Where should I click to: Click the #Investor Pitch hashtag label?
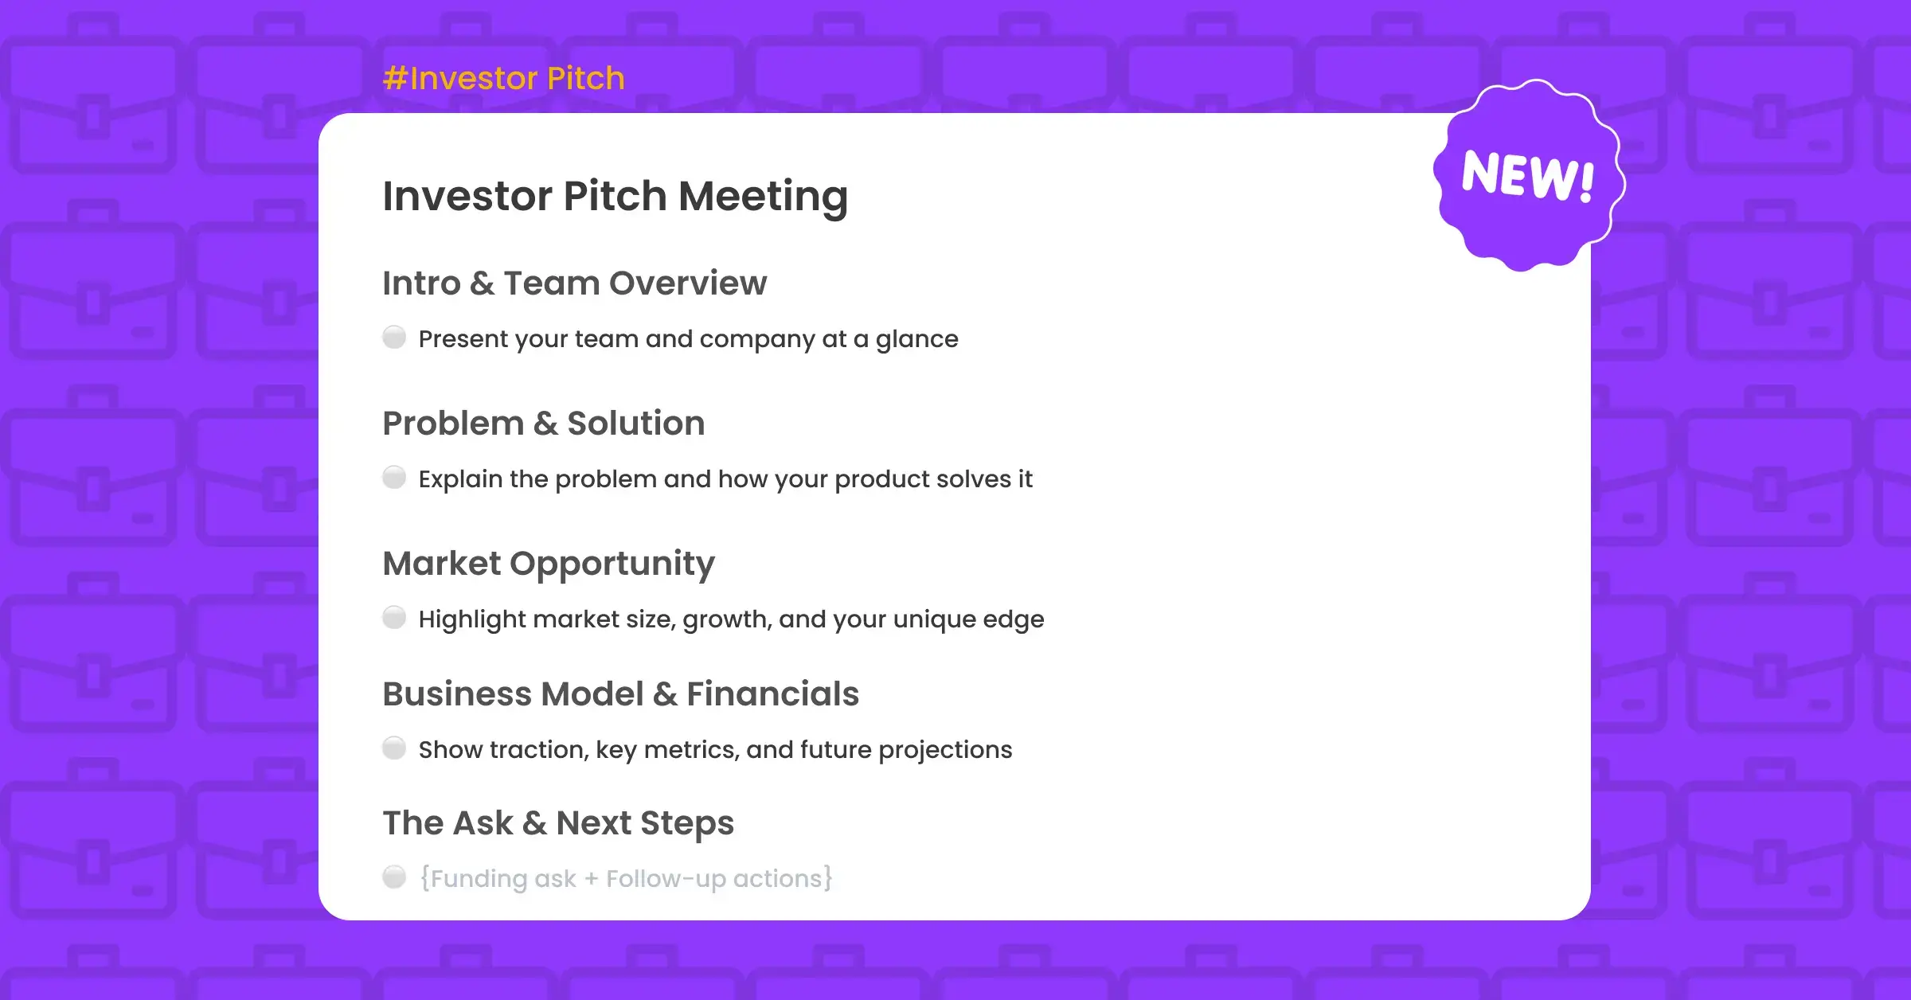pos(503,79)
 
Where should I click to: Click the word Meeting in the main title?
pos(764,197)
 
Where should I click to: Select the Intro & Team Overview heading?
pos(574,283)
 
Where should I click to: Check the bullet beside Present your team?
pos(394,338)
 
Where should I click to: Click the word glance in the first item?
pos(916,340)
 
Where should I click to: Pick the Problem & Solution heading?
pos(544,424)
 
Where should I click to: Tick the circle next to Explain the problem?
pos(394,478)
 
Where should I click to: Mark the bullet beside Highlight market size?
pos(394,618)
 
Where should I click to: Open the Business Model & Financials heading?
pos(620,694)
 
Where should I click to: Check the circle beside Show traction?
pos(394,748)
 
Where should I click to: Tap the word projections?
pos(945,751)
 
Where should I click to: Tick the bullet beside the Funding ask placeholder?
pos(394,877)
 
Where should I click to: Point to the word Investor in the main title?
pos(467,197)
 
